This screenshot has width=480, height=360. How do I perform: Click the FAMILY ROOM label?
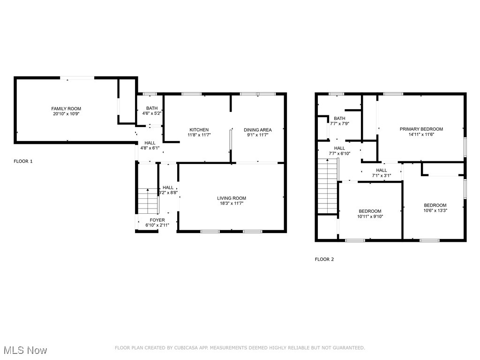(66, 109)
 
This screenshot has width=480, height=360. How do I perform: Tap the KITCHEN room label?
(199, 130)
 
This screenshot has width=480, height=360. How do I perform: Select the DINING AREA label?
(257, 130)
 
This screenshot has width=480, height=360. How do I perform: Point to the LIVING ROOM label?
(232, 198)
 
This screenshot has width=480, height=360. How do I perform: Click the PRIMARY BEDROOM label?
(421, 129)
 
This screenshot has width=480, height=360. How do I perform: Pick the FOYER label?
(157, 220)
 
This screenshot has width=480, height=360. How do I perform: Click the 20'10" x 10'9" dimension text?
(66, 114)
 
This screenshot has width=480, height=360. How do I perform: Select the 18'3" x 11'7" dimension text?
(232, 203)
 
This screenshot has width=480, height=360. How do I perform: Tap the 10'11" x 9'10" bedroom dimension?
(370, 217)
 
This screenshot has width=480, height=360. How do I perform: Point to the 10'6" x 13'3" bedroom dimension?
(435, 210)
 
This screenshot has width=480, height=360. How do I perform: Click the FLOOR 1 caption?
(23, 161)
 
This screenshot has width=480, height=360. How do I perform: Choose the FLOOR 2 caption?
(324, 259)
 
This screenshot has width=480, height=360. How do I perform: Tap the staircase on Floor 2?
(328, 186)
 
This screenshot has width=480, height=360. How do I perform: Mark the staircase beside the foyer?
(148, 201)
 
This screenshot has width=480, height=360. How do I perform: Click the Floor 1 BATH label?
(151, 108)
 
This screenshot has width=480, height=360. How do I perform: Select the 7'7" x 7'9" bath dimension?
(339, 124)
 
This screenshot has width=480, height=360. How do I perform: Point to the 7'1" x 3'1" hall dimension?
(381, 175)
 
